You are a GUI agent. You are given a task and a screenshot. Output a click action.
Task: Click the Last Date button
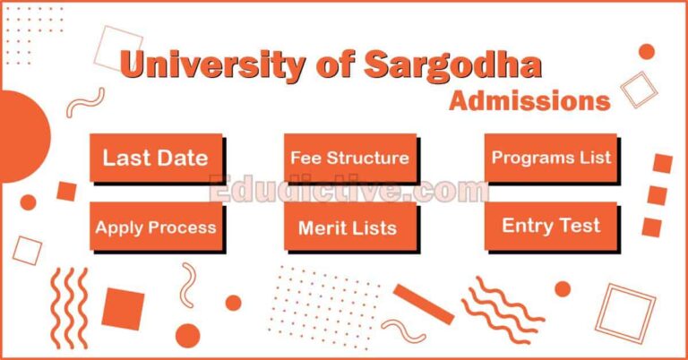click(x=155, y=159)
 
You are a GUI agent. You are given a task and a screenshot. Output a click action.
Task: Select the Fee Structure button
click(x=349, y=159)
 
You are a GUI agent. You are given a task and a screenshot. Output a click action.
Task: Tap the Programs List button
click(x=551, y=159)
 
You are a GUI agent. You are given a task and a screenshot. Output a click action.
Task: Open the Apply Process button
click(x=155, y=227)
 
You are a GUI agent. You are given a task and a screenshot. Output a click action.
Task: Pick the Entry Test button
click(x=551, y=226)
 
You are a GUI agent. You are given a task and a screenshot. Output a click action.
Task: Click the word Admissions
click(x=529, y=100)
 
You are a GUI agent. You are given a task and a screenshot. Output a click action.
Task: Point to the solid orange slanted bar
click(x=423, y=304)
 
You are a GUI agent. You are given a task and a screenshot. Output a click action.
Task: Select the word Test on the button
click(x=579, y=226)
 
